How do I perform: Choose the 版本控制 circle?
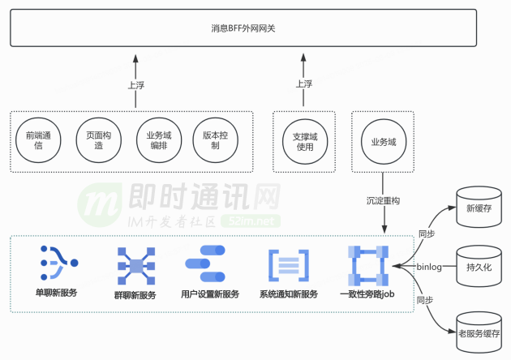pos(215,141)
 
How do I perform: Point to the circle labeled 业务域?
pos(383,141)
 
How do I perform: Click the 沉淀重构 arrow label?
pos(383,199)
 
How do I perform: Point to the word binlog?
pos(428,266)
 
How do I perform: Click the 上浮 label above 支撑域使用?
pos(303,83)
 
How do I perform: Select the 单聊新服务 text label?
pos(57,293)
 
